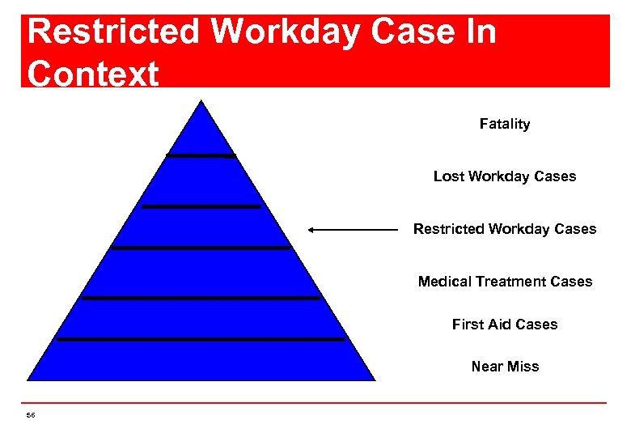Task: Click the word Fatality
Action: pyautogui.click(x=504, y=124)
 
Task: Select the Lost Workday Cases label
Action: pyautogui.click(x=505, y=176)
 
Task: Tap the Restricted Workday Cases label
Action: pyautogui.click(x=505, y=229)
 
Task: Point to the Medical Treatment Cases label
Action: pyautogui.click(x=505, y=282)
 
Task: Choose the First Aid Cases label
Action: pyautogui.click(x=505, y=325)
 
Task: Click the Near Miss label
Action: pyautogui.click(x=505, y=367)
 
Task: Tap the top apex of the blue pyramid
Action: pyautogui.click(x=201, y=102)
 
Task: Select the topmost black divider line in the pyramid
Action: pyautogui.click(x=201, y=155)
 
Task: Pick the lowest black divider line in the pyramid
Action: pyautogui.click(x=201, y=339)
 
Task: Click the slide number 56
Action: pyautogui.click(x=31, y=415)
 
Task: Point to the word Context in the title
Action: pyautogui.click(x=92, y=74)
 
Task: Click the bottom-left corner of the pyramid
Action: pyautogui.click(x=29, y=379)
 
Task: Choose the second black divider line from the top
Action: pyautogui.click(x=201, y=206)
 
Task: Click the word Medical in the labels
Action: pyautogui.click(x=445, y=282)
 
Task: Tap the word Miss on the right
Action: pyautogui.click(x=523, y=367)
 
